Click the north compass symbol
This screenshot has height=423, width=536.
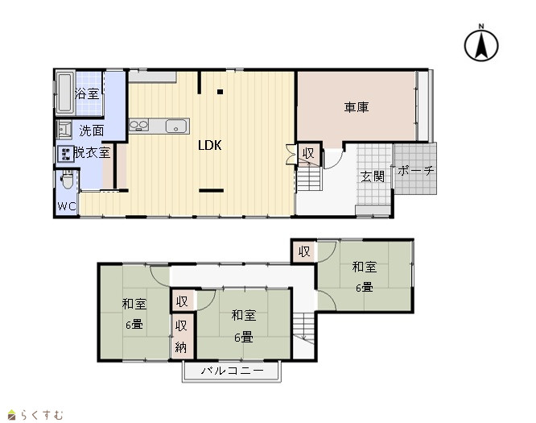481,44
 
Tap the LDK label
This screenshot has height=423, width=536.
210,146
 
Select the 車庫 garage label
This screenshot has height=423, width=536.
357,107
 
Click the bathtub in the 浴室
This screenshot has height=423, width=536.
64,93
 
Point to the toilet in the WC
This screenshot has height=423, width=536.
67,180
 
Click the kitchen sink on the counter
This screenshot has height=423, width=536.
176,126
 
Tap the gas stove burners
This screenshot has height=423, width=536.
138,125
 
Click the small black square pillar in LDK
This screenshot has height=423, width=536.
221,92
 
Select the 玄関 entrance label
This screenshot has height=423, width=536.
373,176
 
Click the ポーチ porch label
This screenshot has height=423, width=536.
415,170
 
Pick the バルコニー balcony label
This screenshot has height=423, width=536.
233,371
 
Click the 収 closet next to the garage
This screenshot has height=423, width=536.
309,153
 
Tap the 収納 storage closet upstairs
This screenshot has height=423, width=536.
181,337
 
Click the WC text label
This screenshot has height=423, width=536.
66,206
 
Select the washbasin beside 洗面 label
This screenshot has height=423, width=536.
64,130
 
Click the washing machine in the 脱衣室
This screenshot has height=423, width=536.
65,154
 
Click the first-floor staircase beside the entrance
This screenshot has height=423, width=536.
309,178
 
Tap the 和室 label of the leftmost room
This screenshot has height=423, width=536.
134,304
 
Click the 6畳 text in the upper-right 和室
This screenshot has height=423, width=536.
365,287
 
